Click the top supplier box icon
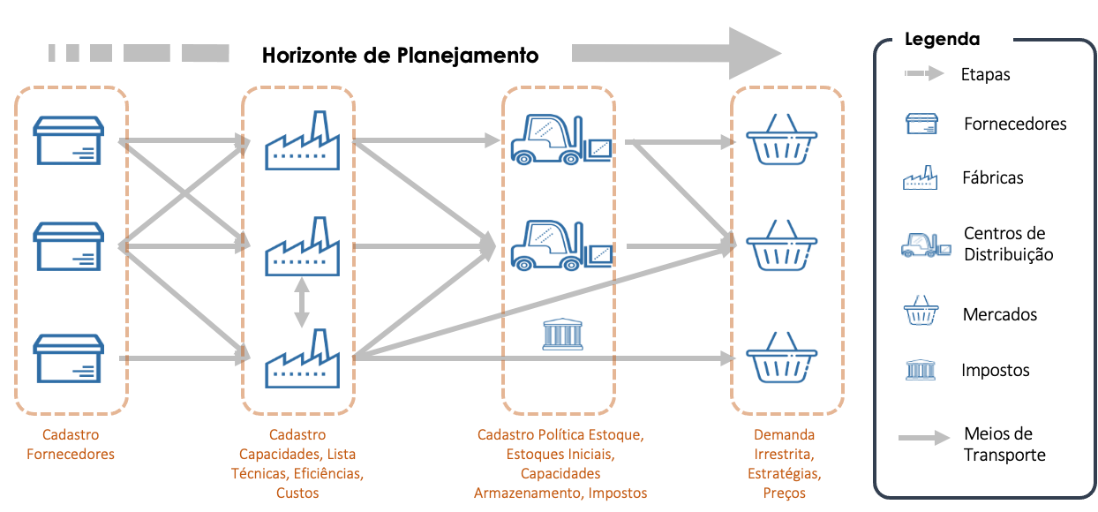tap(69, 140)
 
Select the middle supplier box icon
tap(69, 246)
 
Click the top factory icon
tap(302, 141)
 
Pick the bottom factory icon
tap(302, 358)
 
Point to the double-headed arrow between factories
tap(302, 303)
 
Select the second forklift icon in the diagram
tap(560, 245)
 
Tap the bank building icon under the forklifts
tap(560, 335)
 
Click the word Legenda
tap(942, 40)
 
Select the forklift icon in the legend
tap(925, 245)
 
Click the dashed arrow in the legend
tap(923, 73)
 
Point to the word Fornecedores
tap(71, 455)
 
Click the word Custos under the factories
tap(297, 493)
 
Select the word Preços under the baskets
tap(784, 493)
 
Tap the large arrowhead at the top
tap(755, 54)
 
